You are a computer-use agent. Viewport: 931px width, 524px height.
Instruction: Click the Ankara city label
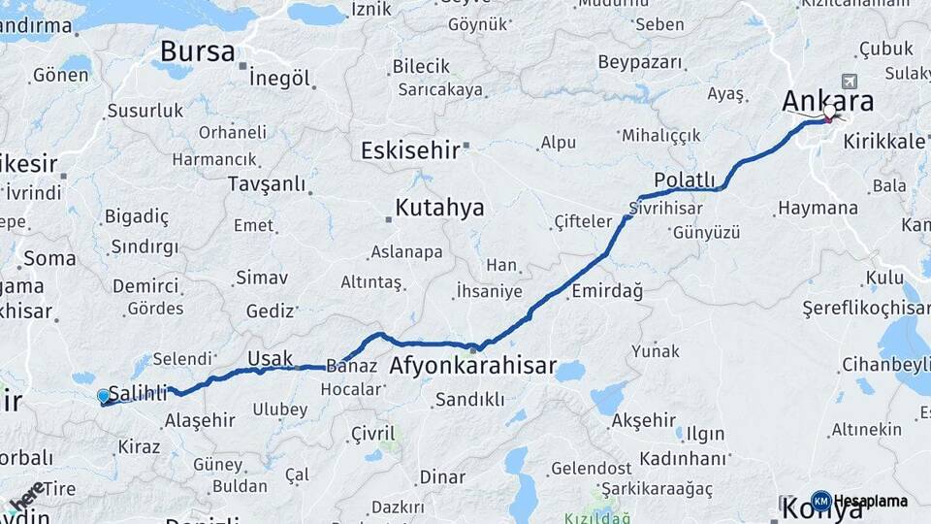[827, 100]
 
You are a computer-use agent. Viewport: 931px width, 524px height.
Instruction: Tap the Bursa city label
[198, 50]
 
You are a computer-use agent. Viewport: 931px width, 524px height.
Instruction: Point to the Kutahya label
[439, 208]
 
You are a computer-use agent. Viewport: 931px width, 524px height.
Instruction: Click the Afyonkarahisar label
[472, 366]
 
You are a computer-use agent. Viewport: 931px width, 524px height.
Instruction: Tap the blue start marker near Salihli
[104, 396]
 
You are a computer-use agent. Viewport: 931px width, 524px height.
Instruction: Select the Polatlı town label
[685, 180]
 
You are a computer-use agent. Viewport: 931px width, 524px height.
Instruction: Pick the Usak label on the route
[270, 358]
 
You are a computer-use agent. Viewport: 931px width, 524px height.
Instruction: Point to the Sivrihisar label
[664, 208]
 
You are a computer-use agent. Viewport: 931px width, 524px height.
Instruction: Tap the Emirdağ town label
[607, 290]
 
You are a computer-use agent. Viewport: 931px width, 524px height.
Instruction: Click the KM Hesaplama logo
[859, 501]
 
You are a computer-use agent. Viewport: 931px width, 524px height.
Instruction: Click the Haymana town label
[818, 208]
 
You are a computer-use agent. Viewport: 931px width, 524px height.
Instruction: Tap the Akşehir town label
[644, 420]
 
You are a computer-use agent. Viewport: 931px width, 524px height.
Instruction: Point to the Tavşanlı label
[266, 183]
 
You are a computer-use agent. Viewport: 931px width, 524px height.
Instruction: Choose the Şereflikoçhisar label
[866, 308]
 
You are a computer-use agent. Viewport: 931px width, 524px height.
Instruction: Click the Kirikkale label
[883, 141]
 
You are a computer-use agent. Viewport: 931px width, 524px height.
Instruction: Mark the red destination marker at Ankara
[829, 118]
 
